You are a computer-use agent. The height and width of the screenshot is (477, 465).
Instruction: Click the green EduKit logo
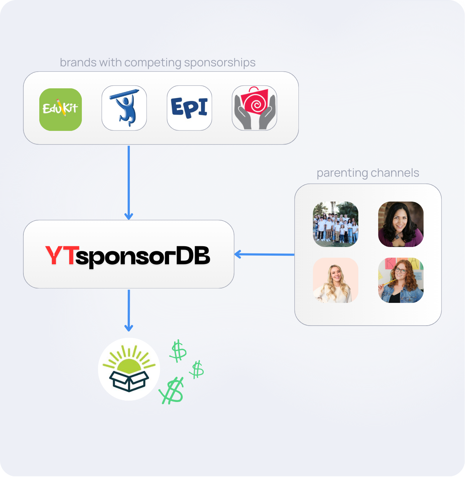(x=61, y=109)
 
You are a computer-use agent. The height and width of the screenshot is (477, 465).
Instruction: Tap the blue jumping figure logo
(x=124, y=108)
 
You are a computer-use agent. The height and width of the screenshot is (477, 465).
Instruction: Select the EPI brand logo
(x=189, y=108)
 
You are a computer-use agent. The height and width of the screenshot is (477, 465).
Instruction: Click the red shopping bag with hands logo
(x=254, y=108)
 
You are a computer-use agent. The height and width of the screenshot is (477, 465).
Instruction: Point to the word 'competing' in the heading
(x=153, y=63)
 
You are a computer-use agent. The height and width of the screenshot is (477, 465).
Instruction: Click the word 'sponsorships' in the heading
(x=220, y=63)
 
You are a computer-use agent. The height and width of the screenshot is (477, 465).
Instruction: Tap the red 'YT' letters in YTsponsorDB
(x=61, y=255)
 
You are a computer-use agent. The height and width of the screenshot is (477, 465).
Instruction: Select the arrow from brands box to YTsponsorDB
(x=129, y=182)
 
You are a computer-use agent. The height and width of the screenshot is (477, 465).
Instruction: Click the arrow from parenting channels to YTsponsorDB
(x=264, y=255)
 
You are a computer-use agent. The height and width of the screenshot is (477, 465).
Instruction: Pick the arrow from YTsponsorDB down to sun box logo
(x=129, y=310)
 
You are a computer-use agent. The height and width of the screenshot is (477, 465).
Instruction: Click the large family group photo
(x=336, y=224)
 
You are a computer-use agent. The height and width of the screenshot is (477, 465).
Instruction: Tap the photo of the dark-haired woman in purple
(x=400, y=224)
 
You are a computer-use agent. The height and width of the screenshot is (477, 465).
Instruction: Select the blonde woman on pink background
(x=336, y=280)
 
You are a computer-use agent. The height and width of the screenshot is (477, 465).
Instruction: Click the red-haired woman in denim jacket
(x=400, y=280)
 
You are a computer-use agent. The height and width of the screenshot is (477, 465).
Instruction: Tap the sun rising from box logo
(x=129, y=369)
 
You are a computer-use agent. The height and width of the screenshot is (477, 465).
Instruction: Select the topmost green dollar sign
(x=178, y=351)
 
